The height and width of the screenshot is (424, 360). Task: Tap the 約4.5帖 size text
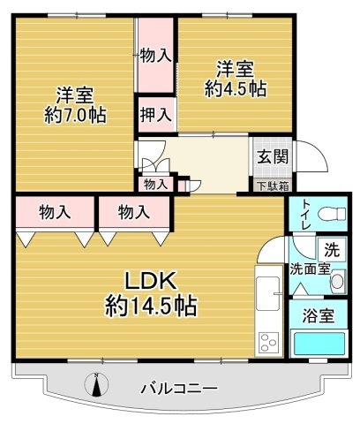234,87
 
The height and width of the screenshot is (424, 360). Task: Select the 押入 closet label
155,115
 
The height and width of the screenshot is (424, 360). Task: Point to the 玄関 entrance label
269,157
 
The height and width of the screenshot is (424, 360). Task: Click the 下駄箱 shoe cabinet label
271,185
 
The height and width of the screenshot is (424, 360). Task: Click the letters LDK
150,282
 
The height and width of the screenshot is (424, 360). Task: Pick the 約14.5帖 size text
150,307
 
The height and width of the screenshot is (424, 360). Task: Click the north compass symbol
98,385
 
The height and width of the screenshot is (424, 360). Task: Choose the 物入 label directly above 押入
155,55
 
